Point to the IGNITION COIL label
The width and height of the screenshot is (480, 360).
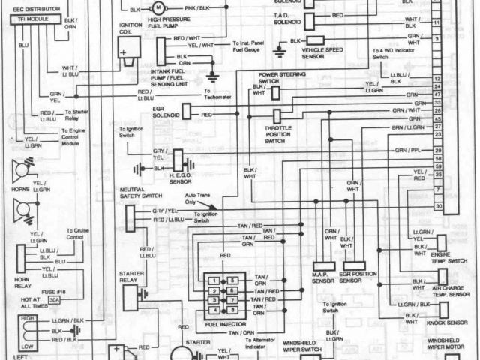click(x=130, y=31)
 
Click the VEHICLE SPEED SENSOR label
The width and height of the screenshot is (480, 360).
click(x=324, y=52)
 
